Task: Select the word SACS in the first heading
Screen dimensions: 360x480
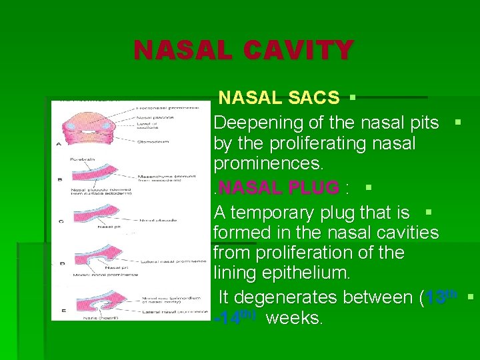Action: click(x=314, y=98)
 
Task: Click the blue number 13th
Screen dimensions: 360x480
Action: click(x=441, y=296)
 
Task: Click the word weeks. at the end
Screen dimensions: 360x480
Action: click(x=294, y=318)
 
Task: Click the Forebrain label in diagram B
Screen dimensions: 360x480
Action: click(x=84, y=159)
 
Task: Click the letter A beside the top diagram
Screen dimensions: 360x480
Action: click(x=60, y=143)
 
